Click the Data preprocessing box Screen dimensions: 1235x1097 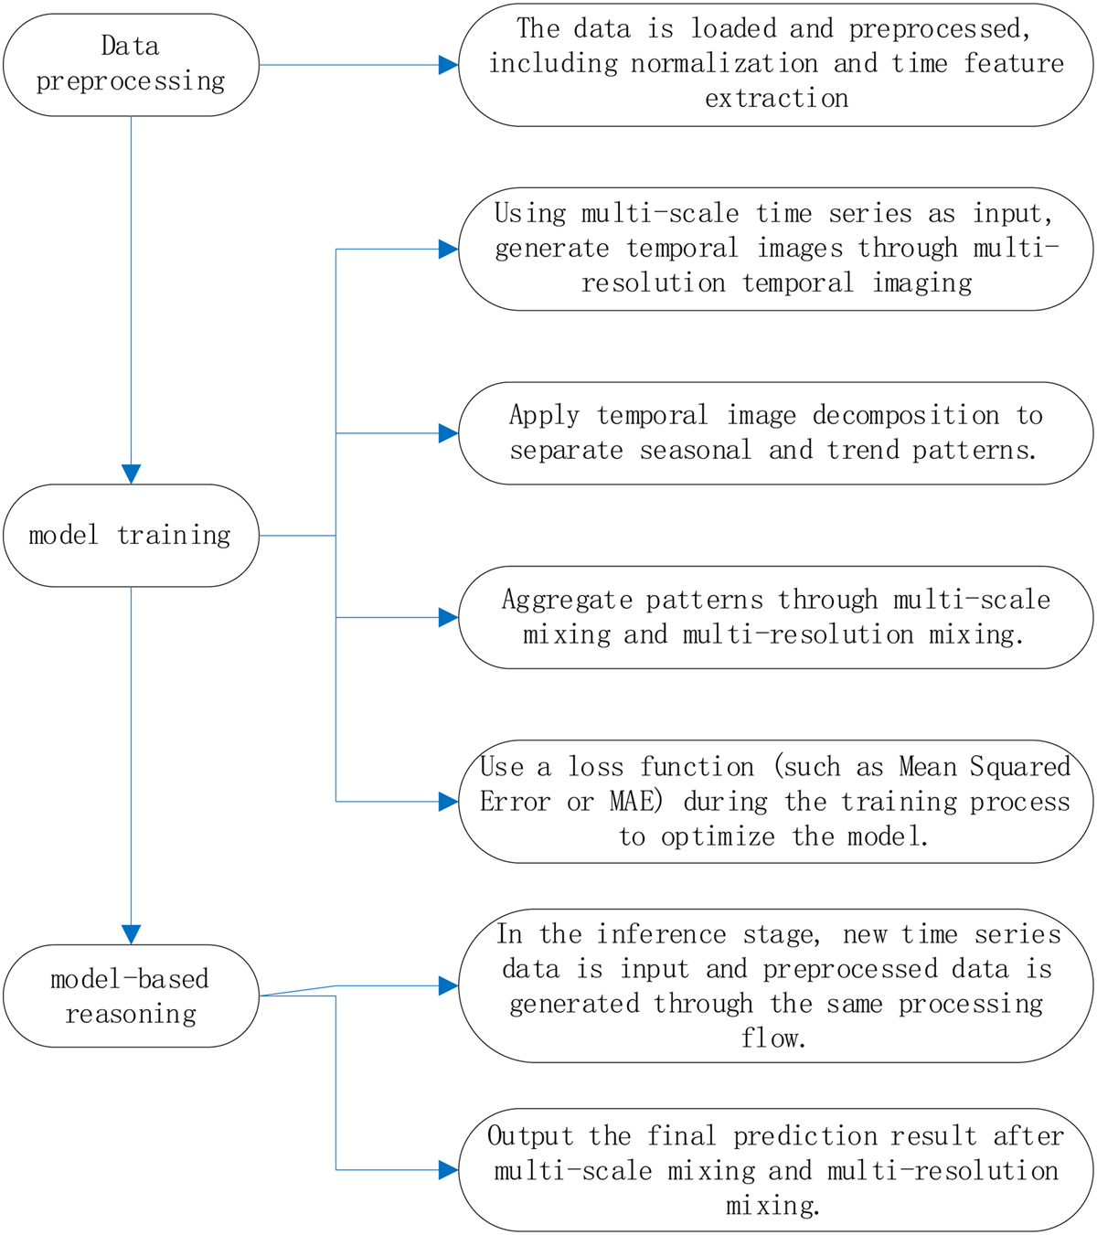[x=131, y=64]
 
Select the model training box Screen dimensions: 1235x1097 [x=131, y=536]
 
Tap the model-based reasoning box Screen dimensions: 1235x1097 [x=131, y=996]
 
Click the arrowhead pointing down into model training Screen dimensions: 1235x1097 [x=131, y=474]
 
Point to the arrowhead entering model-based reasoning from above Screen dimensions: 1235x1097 [x=131, y=934]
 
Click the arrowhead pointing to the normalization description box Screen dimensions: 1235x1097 [x=448, y=65]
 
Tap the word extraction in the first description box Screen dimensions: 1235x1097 [x=776, y=99]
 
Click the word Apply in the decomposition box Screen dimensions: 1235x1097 [x=544, y=416]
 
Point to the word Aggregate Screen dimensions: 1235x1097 [x=567, y=601]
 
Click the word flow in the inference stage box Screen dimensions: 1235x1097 [x=773, y=1039]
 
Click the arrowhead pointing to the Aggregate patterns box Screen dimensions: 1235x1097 [x=448, y=618]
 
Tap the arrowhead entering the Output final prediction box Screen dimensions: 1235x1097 [x=448, y=1170]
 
